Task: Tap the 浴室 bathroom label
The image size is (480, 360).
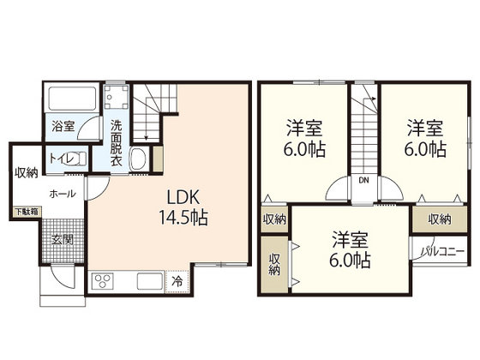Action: [x=63, y=126]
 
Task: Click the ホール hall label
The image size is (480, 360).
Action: [x=62, y=194]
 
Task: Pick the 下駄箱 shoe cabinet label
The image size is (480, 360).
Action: [x=25, y=210]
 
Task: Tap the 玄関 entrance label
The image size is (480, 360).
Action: [x=62, y=237]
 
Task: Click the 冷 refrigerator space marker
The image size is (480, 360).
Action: [x=177, y=279]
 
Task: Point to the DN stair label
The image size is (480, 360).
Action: [x=363, y=181]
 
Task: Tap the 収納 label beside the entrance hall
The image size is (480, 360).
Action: [x=26, y=172]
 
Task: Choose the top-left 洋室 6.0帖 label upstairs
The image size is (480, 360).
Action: [x=304, y=138]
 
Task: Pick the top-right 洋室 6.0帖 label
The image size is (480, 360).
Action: [x=425, y=138]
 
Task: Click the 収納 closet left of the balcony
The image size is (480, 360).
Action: [x=439, y=219]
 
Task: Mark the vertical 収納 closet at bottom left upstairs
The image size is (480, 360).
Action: [x=274, y=265]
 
